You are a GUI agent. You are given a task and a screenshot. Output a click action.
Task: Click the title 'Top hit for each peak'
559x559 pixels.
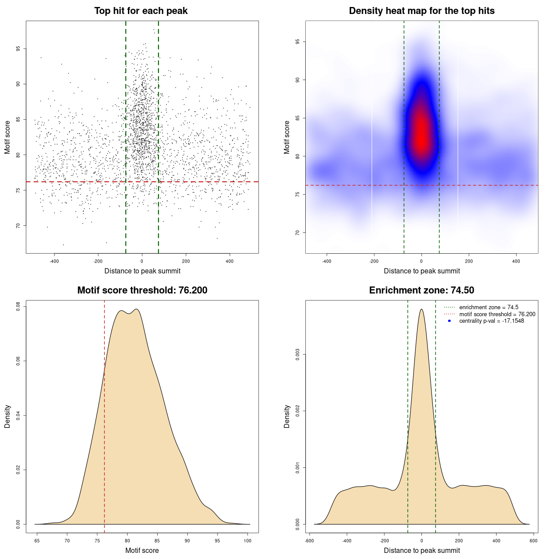point(141,11)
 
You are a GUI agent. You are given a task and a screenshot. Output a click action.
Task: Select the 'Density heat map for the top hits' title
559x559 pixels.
point(421,11)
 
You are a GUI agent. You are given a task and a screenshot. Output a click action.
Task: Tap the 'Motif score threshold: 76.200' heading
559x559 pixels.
point(142,290)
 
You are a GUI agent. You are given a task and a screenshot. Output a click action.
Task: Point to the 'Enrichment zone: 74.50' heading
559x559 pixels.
point(421,290)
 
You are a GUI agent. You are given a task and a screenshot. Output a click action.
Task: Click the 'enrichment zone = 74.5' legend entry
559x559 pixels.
point(489,307)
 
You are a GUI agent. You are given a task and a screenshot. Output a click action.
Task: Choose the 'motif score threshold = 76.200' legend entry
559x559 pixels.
point(497,314)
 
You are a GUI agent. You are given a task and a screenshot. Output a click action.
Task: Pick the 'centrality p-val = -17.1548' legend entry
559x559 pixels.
point(491,321)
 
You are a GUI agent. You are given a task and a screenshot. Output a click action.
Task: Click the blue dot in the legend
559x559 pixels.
point(449,321)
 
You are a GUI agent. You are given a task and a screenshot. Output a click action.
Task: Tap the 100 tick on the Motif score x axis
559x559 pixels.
point(248,541)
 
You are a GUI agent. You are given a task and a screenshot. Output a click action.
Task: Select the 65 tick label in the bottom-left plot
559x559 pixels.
point(37,541)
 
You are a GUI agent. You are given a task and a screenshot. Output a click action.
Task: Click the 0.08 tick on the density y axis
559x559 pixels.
point(18,307)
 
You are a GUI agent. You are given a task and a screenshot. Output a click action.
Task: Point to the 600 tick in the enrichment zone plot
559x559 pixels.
point(534,541)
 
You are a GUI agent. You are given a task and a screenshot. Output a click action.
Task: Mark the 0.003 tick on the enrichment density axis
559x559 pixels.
point(298,354)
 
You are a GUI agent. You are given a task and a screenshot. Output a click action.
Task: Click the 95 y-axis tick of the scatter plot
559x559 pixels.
point(18,48)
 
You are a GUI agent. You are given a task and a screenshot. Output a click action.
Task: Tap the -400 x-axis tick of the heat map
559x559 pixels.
point(327,261)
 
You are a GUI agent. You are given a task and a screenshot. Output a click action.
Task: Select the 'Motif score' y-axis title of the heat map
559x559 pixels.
point(287,137)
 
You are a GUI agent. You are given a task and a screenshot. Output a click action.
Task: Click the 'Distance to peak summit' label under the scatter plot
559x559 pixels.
point(142,271)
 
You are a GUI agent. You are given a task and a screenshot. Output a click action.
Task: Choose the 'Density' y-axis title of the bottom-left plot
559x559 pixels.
point(7,416)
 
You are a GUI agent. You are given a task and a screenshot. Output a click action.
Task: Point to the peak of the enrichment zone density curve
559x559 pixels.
point(421,309)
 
